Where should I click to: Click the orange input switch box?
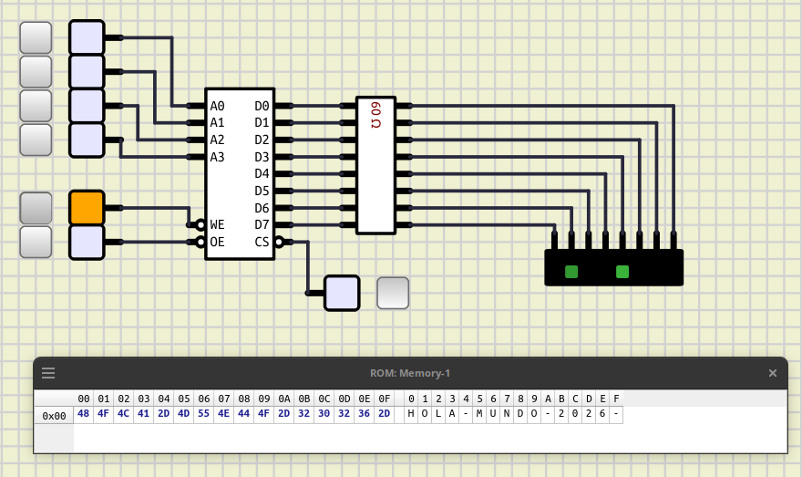(87, 208)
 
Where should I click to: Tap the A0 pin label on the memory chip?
(218, 106)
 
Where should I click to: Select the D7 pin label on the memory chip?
(262, 224)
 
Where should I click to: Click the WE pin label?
(218, 224)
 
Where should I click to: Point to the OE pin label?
(218, 242)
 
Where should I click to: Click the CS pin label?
(262, 242)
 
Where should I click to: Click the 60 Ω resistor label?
(375, 115)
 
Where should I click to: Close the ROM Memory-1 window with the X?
(772, 373)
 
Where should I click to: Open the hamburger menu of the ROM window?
(48, 373)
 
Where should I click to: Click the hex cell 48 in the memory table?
(83, 413)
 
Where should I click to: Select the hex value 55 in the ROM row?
(203, 413)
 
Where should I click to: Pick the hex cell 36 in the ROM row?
(364, 413)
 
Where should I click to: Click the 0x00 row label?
(54, 416)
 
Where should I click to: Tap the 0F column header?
(384, 399)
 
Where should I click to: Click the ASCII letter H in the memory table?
(411, 413)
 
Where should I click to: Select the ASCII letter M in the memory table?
(479, 413)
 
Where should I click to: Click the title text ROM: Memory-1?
(410, 373)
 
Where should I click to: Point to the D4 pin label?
(262, 173)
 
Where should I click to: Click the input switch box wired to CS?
(342, 294)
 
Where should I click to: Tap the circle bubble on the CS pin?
(279, 242)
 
